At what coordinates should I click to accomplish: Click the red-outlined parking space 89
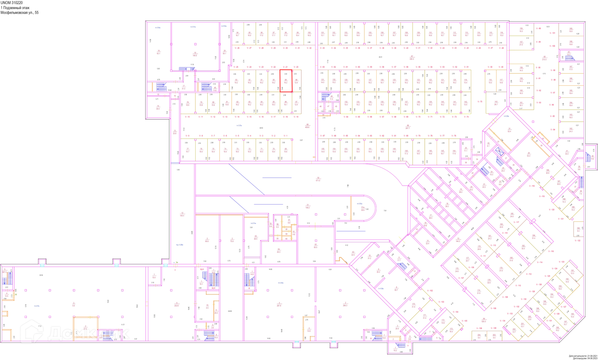(286, 81)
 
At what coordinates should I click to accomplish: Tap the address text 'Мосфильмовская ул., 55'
(20, 13)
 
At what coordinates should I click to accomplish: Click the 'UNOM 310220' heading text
(12, 3)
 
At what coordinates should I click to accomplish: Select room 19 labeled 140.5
(195, 54)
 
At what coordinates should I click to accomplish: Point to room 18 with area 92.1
(159, 52)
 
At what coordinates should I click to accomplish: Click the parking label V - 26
(237, 48)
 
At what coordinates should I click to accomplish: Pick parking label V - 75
(480, 102)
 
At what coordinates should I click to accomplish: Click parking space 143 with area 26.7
(496, 103)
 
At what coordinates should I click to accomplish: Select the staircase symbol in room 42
(570, 58)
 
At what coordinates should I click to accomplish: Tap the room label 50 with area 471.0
(318, 179)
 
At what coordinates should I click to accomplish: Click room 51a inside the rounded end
(363, 209)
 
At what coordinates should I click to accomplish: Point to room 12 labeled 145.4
(182, 215)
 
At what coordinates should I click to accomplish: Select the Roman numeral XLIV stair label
(213, 288)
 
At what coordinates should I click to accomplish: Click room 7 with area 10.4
(154, 276)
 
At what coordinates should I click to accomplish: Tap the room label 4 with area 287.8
(279, 304)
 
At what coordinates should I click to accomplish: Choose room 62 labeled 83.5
(316, 246)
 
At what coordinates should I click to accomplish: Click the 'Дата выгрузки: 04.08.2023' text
(584, 358)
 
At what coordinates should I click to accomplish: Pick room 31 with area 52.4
(509, 130)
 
